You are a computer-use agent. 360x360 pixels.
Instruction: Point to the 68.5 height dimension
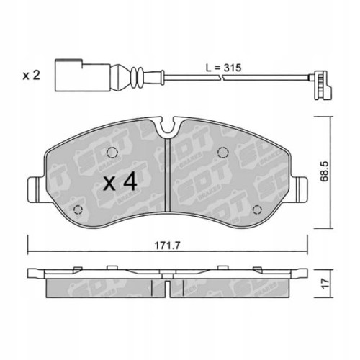tap(328, 173)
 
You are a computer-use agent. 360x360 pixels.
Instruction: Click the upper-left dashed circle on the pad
tap(111, 152)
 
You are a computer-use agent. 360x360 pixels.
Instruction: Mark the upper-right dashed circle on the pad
tap(223, 152)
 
